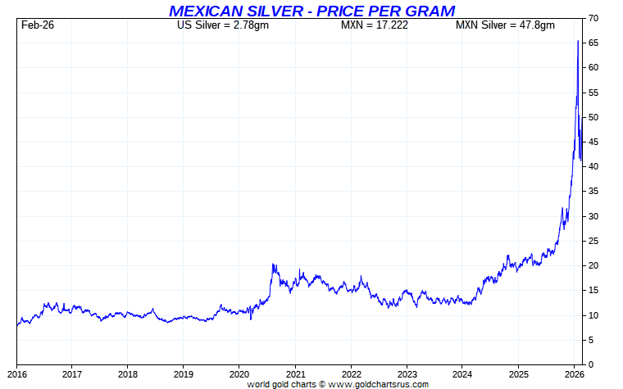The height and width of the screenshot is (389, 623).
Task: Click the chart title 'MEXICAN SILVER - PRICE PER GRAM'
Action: (311, 11)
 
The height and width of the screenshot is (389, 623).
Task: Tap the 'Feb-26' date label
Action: (38, 25)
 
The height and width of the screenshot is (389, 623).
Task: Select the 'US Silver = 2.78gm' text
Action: (223, 25)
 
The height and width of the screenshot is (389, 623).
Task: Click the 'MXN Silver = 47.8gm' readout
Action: (505, 25)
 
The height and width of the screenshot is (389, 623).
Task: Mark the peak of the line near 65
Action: (579, 41)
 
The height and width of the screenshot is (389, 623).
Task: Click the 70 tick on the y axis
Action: (593, 18)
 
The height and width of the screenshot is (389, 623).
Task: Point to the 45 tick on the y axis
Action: (593, 142)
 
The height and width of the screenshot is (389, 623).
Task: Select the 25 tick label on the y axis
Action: (593, 241)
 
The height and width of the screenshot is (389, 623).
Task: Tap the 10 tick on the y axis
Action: (593, 315)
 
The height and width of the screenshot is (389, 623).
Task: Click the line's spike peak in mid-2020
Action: (273, 265)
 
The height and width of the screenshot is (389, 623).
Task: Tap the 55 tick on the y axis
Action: (593, 93)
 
